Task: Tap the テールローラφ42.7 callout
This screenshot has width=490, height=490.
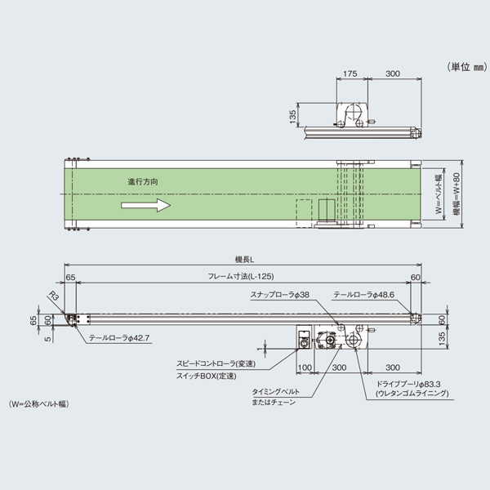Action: [119, 337]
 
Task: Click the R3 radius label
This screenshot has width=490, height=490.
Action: [55, 297]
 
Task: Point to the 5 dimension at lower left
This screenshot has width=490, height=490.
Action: [48, 336]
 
